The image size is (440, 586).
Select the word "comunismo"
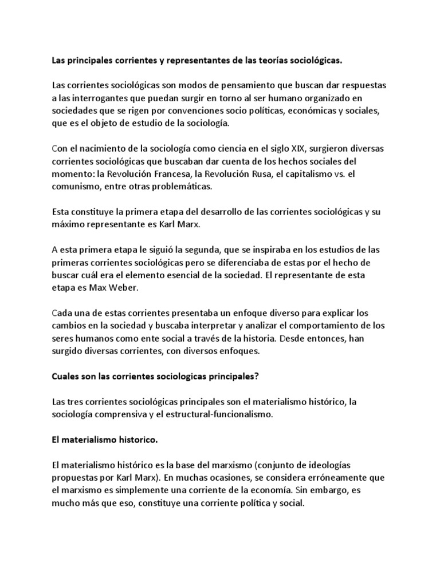74,186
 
